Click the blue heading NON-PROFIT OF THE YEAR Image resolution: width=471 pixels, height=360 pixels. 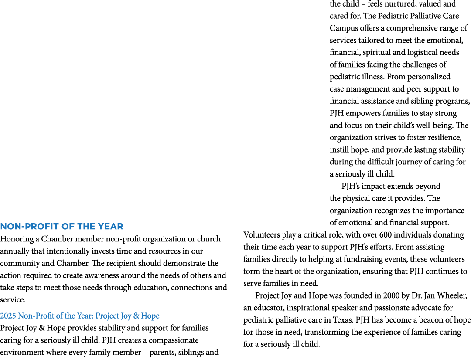pyautogui.click(x=61, y=226)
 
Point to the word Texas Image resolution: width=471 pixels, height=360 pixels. pyautogui.click(x=342, y=320)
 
